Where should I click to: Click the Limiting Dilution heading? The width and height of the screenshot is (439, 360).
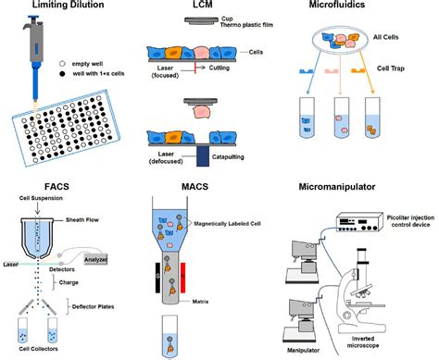pyautogui.click(x=68, y=5)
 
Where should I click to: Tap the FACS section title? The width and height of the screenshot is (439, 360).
pyautogui.click(x=56, y=187)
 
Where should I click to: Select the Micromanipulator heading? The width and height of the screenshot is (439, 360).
pyautogui.click(x=337, y=187)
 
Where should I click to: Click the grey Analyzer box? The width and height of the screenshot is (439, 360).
pyautogui.click(x=95, y=259)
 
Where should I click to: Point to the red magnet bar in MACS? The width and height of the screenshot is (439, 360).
pyautogui.click(x=182, y=278)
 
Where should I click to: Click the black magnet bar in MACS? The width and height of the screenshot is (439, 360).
pyautogui.click(x=158, y=278)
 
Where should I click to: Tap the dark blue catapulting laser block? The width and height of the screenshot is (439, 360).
pyautogui.click(x=203, y=156)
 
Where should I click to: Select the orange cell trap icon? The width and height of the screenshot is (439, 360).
pyautogui.click(x=358, y=71)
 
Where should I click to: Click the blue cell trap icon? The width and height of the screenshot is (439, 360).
pyautogui.click(x=307, y=71)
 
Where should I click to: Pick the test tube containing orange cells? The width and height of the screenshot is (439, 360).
pyautogui.click(x=372, y=118)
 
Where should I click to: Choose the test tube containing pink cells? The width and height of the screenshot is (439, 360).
pyautogui.click(x=342, y=118)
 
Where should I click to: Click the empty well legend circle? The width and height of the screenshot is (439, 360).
pyautogui.click(x=62, y=64)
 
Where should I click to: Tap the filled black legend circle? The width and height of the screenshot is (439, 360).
pyautogui.click(x=62, y=74)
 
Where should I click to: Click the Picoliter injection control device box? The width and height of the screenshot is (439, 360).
pyautogui.click(x=359, y=222)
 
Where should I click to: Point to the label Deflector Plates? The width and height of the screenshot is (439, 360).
pyautogui.click(x=93, y=306)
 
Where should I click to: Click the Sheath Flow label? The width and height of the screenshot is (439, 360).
pyautogui.click(x=82, y=220)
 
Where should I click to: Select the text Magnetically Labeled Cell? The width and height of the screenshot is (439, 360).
pyautogui.click(x=227, y=223)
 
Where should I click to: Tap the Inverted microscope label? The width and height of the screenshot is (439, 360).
pyautogui.click(x=363, y=341)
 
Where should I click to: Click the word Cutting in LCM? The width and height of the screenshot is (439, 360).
pyautogui.click(x=219, y=68)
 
